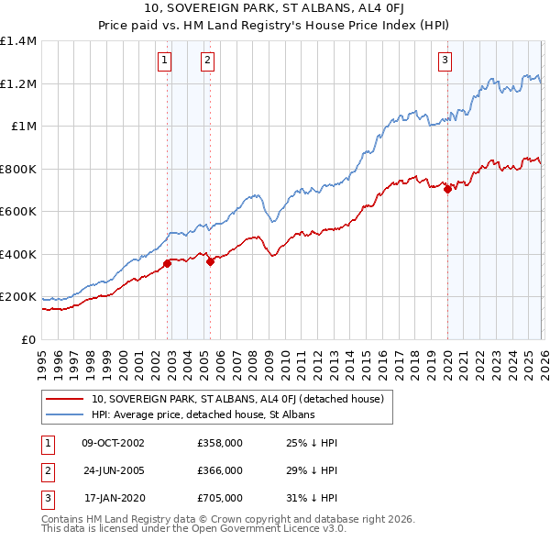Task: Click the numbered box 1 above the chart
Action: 164,61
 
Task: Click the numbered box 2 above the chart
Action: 207,61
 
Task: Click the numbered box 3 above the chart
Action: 445,61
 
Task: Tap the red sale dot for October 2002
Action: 167,264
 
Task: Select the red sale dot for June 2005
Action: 211,262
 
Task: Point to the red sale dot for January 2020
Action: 447,190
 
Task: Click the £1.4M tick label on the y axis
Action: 18,41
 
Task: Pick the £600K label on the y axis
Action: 18,212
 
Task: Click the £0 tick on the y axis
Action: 27,339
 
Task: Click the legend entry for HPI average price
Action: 203,414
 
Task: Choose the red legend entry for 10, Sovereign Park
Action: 243,399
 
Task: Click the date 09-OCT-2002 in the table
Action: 114,443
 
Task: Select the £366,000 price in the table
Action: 220,469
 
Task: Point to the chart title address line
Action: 275,9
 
